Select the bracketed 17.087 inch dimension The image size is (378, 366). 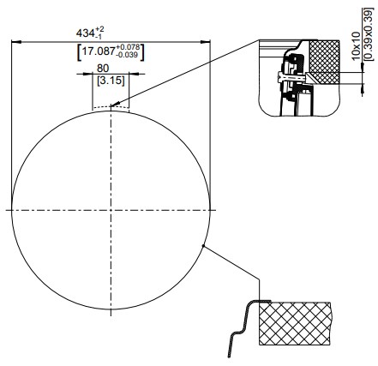[111, 51]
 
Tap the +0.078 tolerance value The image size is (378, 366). [128, 47]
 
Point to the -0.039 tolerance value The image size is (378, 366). [127, 55]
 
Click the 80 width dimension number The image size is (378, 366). [103, 69]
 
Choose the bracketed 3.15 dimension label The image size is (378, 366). [111, 81]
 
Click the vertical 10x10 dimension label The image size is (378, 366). [356, 45]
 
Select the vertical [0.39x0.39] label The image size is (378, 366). [369, 34]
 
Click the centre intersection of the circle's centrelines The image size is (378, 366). [111, 210]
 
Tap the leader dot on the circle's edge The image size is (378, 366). [203, 245]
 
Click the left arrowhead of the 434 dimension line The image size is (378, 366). [16, 42]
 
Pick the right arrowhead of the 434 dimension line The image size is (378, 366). [206, 42]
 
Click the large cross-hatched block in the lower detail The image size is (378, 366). [295, 323]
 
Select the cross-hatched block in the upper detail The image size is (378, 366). [325, 62]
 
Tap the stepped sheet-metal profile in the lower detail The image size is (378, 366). [241, 328]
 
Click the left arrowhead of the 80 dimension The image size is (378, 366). [87, 74]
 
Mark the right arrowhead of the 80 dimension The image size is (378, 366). [134, 74]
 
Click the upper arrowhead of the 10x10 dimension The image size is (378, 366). [363, 68]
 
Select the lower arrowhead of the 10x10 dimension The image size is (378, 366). [363, 88]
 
